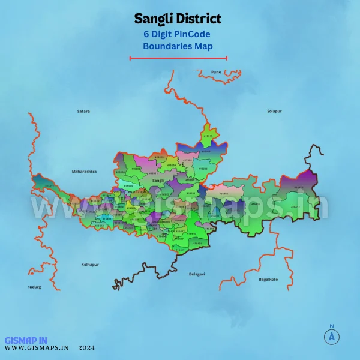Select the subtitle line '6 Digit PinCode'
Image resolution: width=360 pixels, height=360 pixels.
point(176,34)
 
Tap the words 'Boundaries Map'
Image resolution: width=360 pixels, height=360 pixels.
point(178,45)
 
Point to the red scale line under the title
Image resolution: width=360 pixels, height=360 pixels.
point(178,58)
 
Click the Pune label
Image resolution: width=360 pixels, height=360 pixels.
point(216,72)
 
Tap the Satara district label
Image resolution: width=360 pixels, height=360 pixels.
point(83,111)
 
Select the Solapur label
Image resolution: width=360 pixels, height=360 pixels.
point(274,111)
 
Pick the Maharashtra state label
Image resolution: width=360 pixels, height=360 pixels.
point(84,172)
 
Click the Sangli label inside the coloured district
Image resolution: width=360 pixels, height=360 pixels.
point(158,180)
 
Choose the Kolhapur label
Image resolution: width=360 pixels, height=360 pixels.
point(89,264)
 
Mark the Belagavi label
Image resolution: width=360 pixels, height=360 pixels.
point(197,274)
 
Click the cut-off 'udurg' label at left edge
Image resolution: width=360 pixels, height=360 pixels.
point(34,287)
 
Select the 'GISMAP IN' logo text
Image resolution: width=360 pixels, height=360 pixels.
point(26,340)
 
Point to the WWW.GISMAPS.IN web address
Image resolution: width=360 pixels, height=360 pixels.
point(37,347)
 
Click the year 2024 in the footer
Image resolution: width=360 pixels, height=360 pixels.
point(86,347)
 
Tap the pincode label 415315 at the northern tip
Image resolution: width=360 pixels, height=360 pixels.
point(208,136)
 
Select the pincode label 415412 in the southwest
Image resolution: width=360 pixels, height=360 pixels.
point(49,185)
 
